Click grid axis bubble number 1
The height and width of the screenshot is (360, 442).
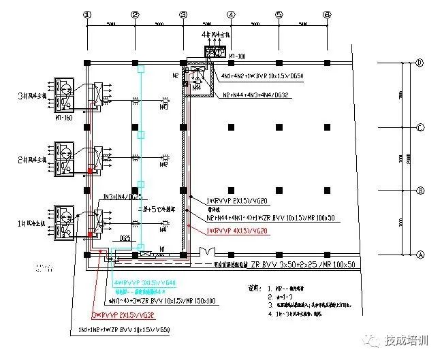coord(86,14)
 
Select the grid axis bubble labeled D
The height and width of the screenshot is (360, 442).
coord(420,63)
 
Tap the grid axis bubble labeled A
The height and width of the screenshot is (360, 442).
coord(420,252)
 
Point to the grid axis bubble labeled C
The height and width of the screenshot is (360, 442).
coord(420,127)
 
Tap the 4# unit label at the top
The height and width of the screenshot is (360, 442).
coord(216,33)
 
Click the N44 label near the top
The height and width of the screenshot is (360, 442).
coord(198,87)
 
